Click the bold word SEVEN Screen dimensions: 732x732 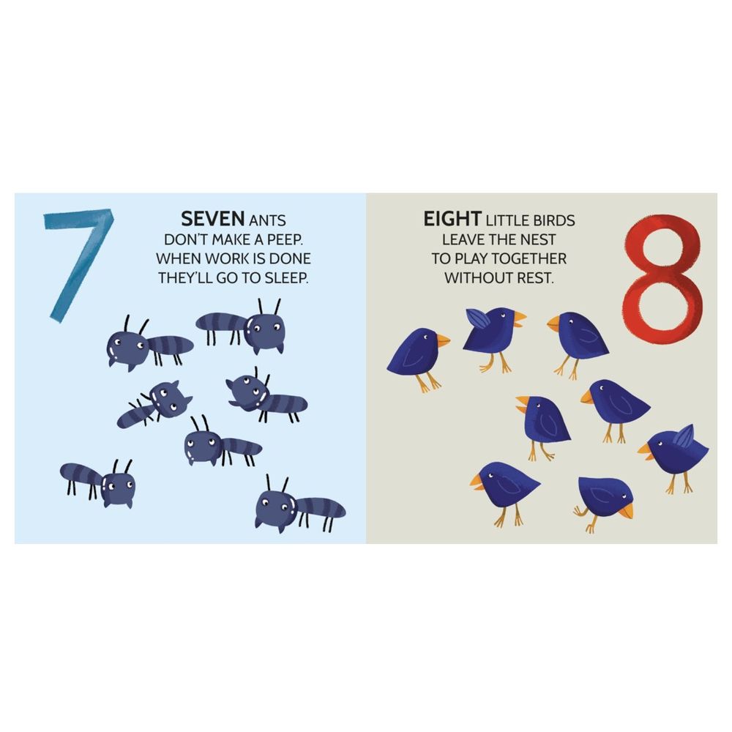tap(212, 219)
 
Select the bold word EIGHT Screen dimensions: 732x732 tap(452, 219)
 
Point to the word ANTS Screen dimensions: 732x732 tap(267, 220)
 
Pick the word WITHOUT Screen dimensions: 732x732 tap(477, 278)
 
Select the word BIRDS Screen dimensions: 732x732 tap(554, 220)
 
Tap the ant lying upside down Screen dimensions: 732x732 tap(154, 404)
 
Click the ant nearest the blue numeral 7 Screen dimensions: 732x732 tap(149, 344)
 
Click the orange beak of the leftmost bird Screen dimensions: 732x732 tap(443, 340)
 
